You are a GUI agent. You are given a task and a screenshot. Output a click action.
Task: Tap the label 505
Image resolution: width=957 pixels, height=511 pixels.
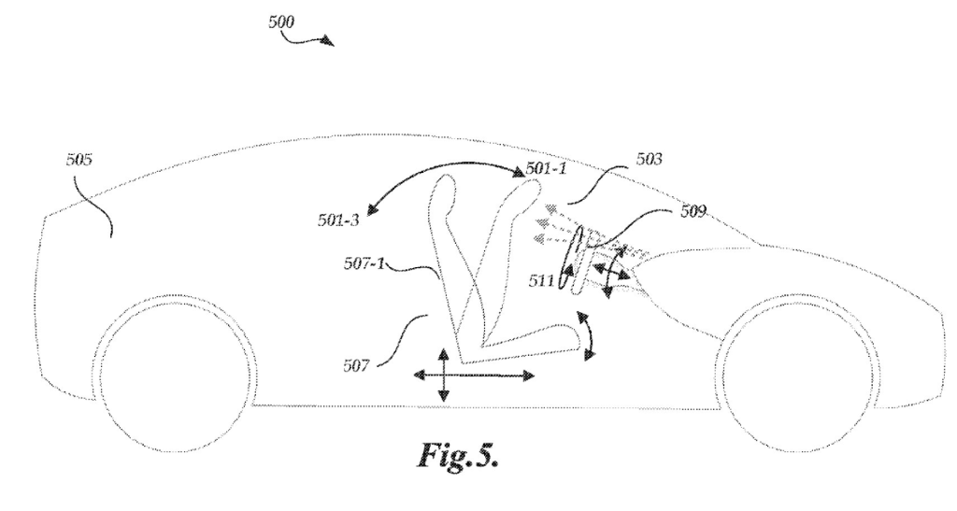[x=79, y=159]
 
